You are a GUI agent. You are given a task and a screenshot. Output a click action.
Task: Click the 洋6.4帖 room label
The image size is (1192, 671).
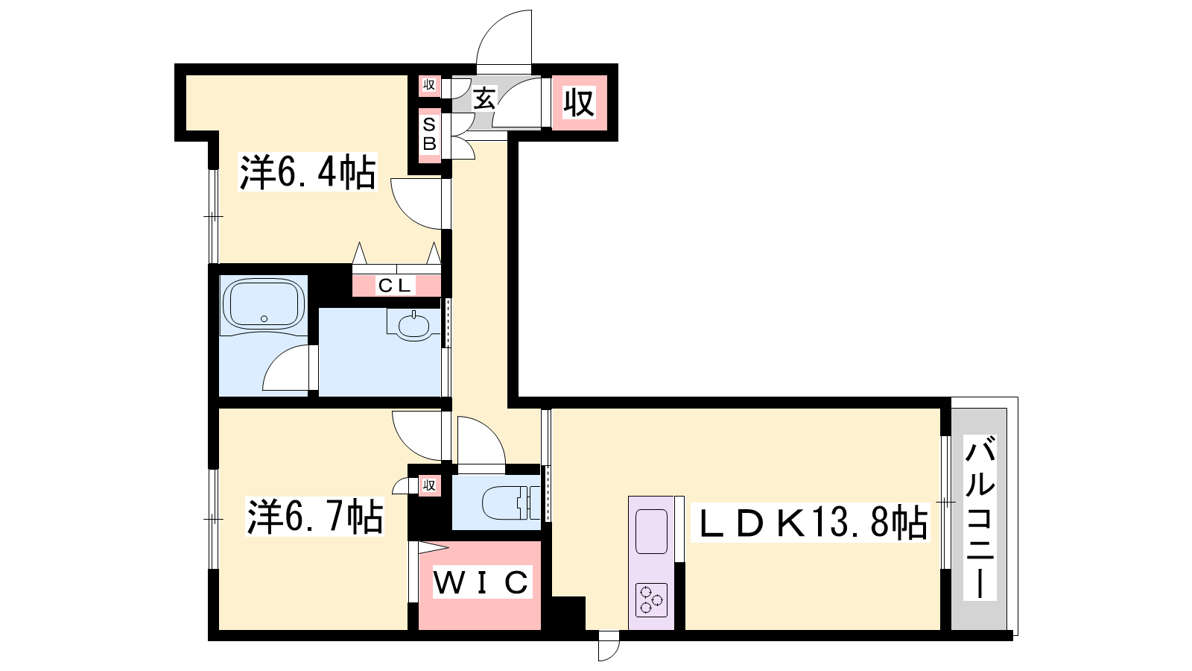[x=308, y=172]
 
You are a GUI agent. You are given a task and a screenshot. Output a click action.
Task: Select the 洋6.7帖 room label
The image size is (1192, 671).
[x=314, y=516]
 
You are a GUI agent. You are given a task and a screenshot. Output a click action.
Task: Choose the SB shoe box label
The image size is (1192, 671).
[x=429, y=134]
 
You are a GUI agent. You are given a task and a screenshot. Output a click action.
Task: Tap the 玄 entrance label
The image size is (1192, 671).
[x=484, y=98]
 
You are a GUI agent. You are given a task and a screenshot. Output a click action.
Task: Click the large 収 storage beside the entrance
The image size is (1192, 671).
[x=579, y=103]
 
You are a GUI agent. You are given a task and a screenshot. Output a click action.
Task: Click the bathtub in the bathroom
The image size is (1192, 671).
[x=264, y=303]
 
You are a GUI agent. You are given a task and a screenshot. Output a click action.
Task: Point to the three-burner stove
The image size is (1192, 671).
[x=651, y=600]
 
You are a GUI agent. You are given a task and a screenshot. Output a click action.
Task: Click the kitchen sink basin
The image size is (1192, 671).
[x=651, y=532]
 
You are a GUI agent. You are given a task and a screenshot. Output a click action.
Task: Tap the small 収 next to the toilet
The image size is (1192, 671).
[x=429, y=485]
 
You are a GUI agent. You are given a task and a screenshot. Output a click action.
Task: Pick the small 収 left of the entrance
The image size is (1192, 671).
[x=429, y=85]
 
